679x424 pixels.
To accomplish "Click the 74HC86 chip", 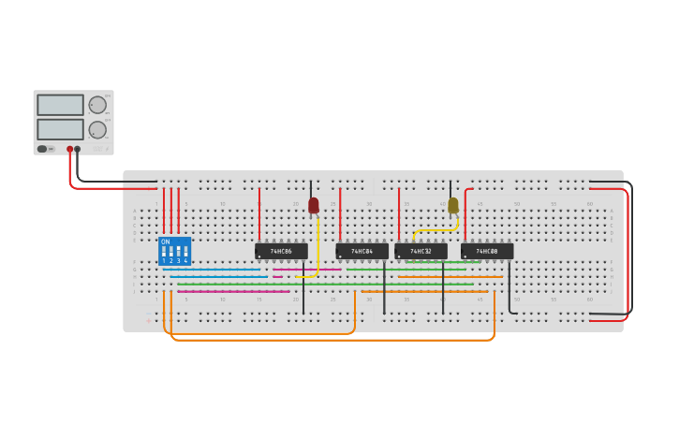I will point(281,251).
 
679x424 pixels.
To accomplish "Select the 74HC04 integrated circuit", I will point(362,251).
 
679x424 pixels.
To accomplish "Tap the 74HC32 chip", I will point(421,251).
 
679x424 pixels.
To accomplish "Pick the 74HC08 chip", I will point(487,251).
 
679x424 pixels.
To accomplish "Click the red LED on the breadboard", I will point(313,205).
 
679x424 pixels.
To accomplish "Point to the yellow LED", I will point(452,205).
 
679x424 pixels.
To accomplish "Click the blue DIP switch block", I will point(175,251).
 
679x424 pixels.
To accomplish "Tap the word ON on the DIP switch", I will point(166,242).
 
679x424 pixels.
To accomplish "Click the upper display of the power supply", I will point(60,105).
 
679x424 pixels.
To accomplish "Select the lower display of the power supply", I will point(60,128).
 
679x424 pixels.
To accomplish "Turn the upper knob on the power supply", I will point(97,105).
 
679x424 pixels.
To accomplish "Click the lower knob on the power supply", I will point(97,128).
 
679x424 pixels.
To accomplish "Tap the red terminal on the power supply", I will point(69,149).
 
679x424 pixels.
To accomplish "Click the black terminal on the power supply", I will point(78,149).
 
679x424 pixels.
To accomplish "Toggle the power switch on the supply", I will point(43,149).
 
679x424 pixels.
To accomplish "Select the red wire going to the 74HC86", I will point(259,215).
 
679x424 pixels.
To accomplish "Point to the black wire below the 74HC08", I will point(509,285).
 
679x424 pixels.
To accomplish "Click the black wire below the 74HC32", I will point(443,290).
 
